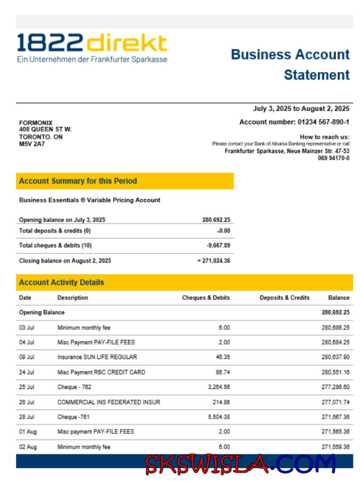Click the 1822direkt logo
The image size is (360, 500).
[92, 48]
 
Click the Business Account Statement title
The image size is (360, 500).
[290, 64]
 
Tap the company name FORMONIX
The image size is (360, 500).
[36, 123]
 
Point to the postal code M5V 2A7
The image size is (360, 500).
[32, 144]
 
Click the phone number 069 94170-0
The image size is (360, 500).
[334, 158]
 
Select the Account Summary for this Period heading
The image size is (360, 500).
[78, 181]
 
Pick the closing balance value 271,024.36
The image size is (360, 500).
[215, 261]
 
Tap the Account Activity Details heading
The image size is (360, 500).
[61, 282]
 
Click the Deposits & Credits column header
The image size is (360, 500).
[284, 298]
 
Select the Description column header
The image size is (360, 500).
[73, 298]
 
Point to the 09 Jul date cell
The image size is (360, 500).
[27, 357]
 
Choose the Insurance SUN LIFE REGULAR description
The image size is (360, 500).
[97, 357]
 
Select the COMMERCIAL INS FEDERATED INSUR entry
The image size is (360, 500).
[109, 402]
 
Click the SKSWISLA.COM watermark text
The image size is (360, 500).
[241, 464]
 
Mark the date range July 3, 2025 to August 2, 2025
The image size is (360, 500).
[301, 109]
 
